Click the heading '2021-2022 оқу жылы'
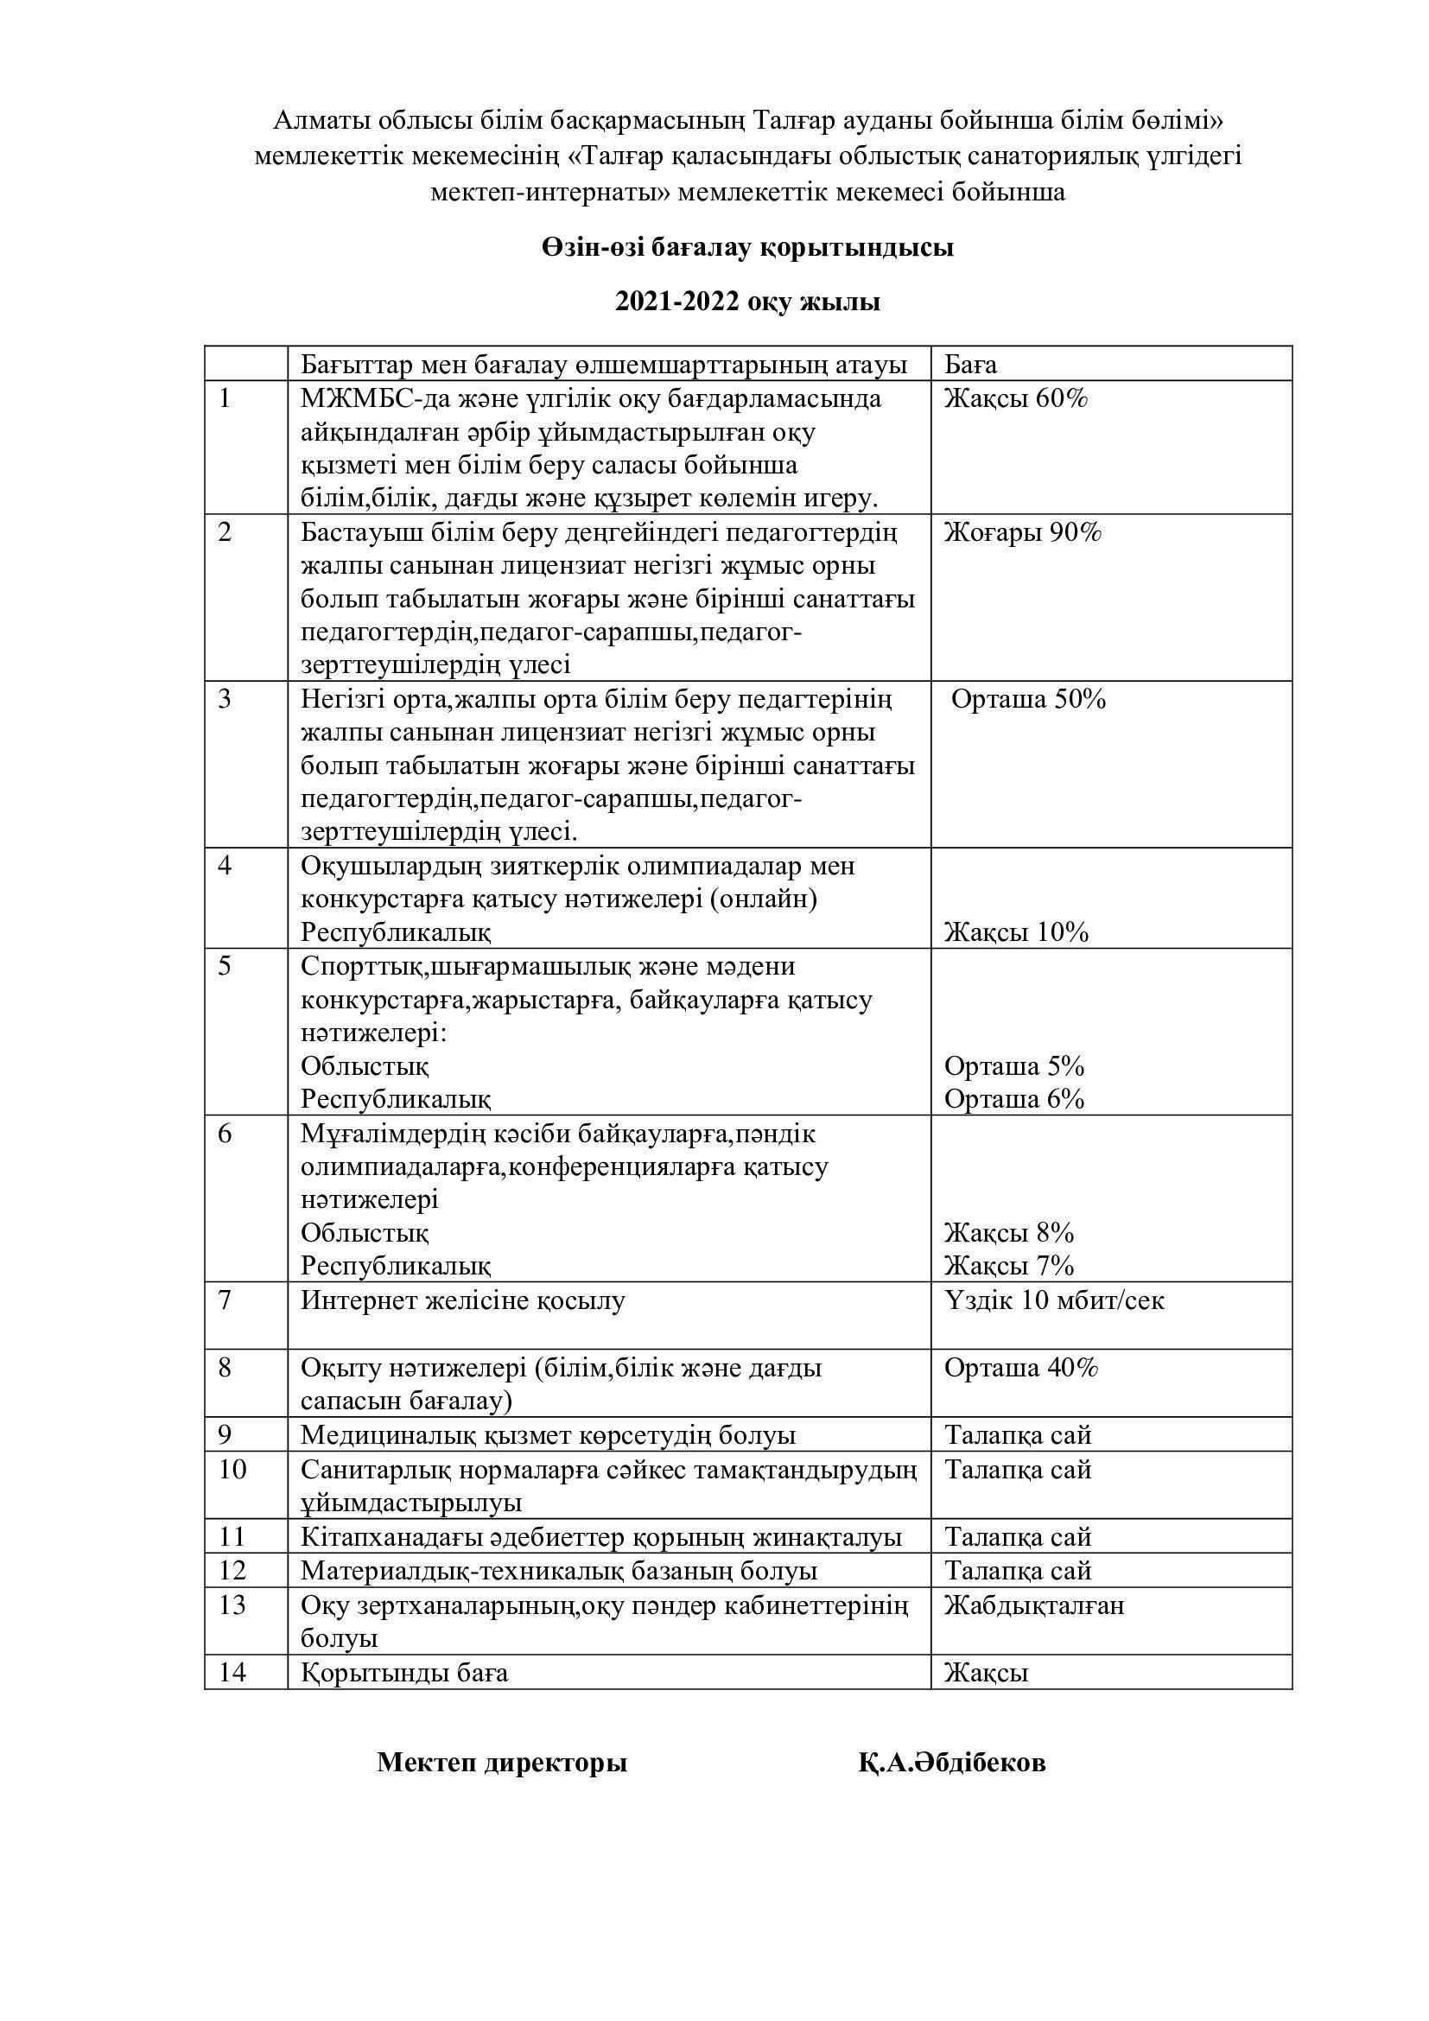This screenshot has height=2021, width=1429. (747, 302)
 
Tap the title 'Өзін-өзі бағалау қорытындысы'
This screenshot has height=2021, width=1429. (747, 248)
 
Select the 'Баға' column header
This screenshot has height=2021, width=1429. (970, 365)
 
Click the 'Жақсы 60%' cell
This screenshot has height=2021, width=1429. (1016, 398)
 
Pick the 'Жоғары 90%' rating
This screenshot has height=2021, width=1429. (1022, 532)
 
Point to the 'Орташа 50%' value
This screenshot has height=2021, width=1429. (1028, 699)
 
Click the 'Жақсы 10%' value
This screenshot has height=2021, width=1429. (1016, 932)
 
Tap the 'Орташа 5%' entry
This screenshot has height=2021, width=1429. (1013, 1066)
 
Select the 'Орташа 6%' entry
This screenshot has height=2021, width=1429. (1013, 1098)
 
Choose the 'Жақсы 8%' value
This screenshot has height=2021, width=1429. (1009, 1232)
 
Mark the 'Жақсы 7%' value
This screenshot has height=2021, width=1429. (1009, 1266)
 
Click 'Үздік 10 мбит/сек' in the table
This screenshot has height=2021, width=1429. (1054, 1300)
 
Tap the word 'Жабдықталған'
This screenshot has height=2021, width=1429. (1034, 1605)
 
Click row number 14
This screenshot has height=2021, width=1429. (232, 1673)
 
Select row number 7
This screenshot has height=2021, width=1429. (225, 1300)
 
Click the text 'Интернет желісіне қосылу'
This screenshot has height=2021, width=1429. (463, 1300)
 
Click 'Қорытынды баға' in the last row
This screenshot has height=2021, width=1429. (403, 1673)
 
